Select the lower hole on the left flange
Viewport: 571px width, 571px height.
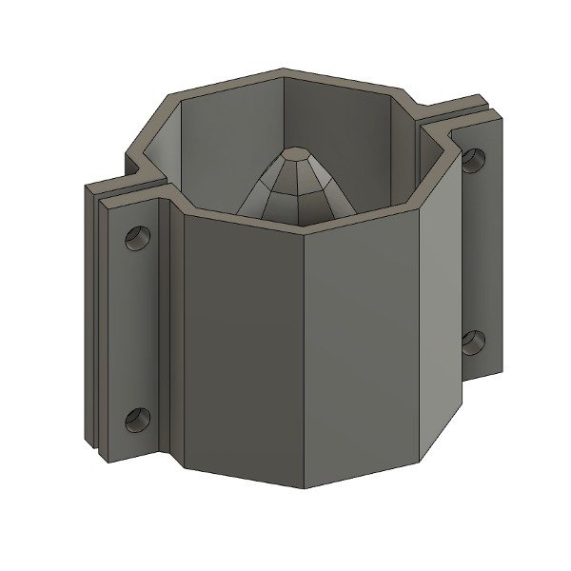click(x=138, y=416)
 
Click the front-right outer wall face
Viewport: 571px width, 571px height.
click(x=362, y=352)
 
